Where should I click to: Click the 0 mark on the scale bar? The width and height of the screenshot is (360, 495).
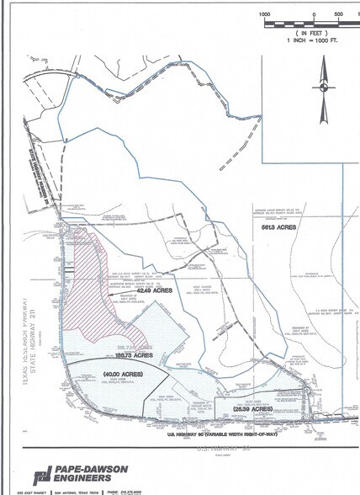(313, 14)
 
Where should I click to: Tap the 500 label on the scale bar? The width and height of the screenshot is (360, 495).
(337, 14)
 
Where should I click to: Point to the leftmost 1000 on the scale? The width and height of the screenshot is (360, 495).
(264, 14)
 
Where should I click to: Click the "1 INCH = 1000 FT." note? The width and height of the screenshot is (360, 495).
(312, 39)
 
